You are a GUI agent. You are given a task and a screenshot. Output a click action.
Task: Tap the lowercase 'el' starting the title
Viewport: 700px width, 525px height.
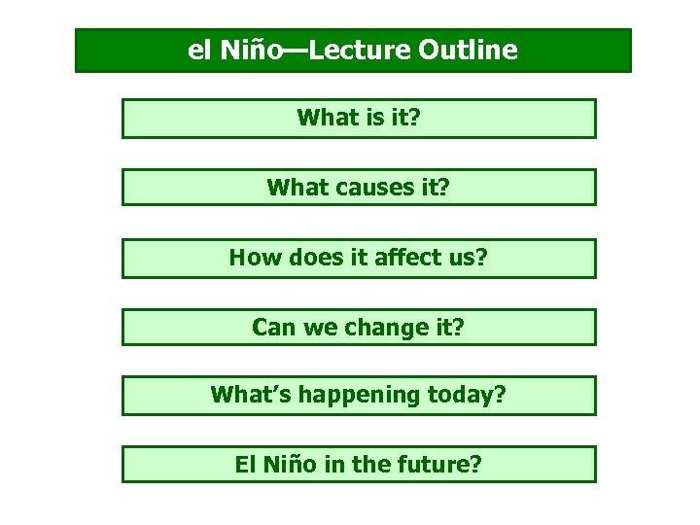point(198,50)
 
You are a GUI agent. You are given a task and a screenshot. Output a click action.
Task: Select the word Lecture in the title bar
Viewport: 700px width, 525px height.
point(367,50)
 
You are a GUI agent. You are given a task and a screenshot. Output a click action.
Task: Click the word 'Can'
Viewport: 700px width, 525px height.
point(273,327)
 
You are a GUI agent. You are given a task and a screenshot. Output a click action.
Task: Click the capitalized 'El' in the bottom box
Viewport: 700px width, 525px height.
point(246,465)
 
